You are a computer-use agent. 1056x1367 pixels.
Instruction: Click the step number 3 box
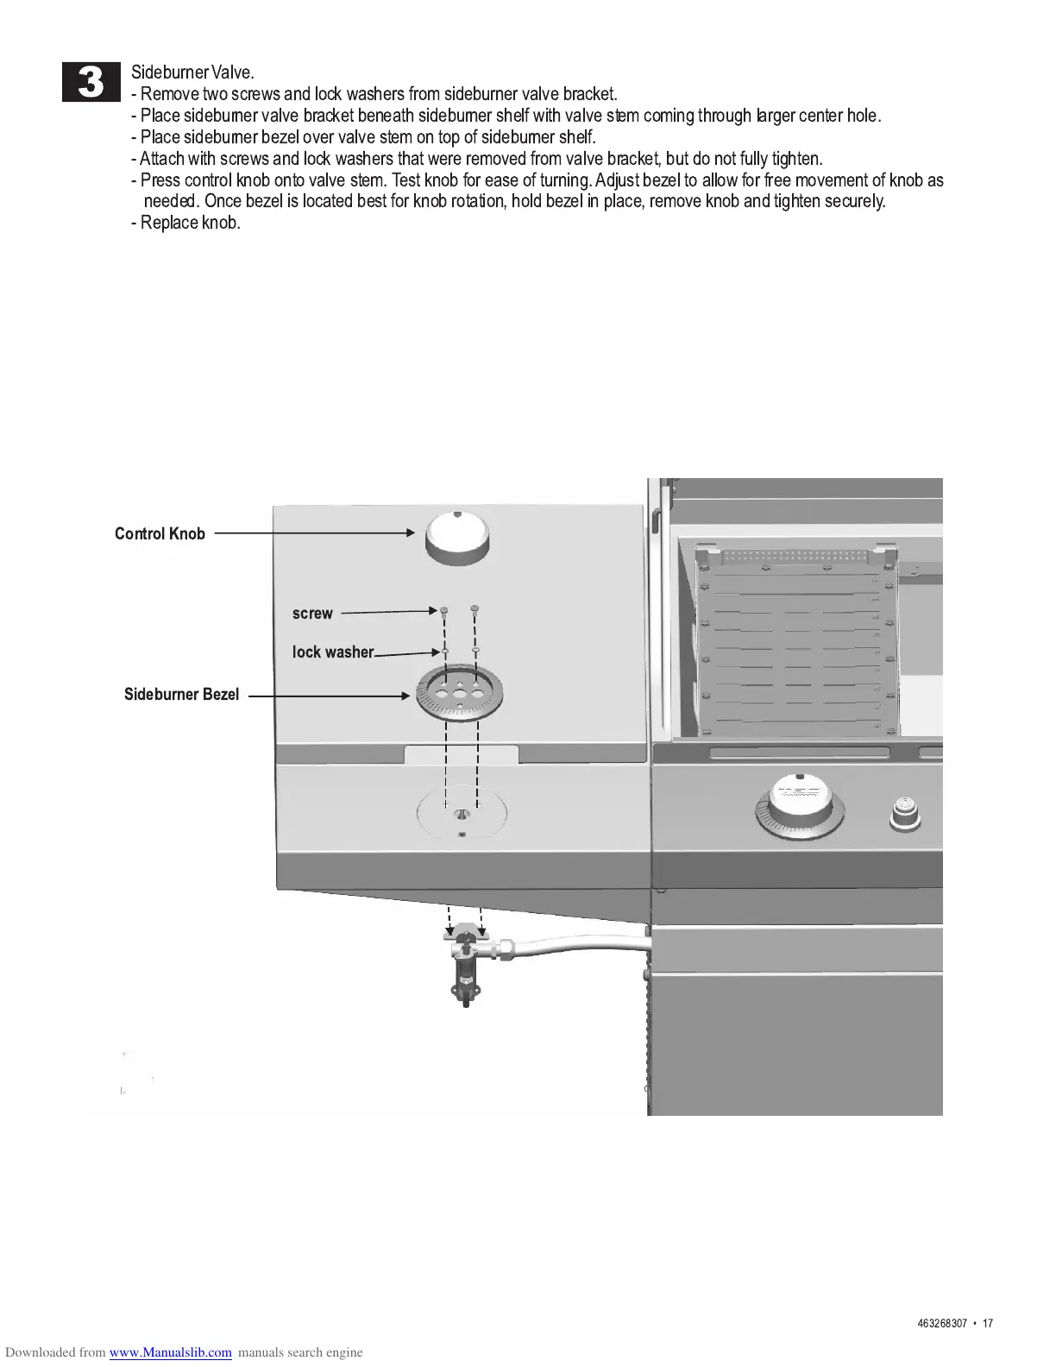tap(91, 83)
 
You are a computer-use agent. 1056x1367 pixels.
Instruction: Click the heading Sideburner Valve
tap(192, 72)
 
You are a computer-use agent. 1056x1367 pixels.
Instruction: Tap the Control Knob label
tap(160, 533)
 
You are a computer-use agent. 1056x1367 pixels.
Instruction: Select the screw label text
tap(312, 614)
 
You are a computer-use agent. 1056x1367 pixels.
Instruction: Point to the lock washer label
tap(332, 652)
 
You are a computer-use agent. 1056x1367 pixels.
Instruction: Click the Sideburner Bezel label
tap(181, 694)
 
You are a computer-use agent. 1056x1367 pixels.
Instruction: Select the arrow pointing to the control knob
tap(315, 533)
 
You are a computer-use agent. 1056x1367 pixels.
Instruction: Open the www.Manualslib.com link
tap(170, 1352)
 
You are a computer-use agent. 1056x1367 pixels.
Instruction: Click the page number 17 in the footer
tap(987, 1324)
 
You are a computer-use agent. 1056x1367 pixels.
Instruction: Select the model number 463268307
tap(941, 1324)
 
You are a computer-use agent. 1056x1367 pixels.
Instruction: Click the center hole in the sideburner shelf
tap(462, 813)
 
